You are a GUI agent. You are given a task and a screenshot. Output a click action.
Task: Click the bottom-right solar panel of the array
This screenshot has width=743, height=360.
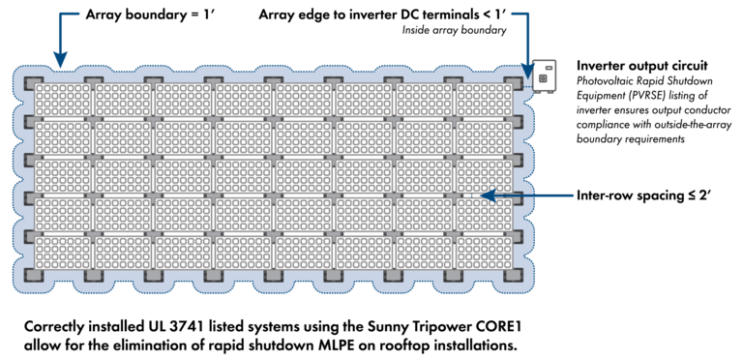coord(488,253)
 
